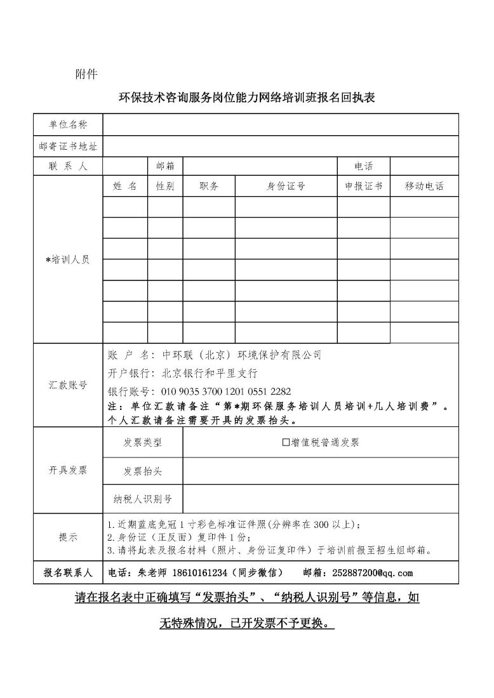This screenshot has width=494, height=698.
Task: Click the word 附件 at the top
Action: click(86, 74)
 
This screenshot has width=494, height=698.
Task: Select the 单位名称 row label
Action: click(68, 125)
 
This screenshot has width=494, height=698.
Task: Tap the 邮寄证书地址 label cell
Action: click(68, 146)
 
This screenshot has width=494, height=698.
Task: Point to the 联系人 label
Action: click(68, 166)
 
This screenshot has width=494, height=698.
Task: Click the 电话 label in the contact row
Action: click(363, 166)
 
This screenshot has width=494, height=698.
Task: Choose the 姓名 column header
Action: click(124, 186)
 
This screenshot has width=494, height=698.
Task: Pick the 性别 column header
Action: click(165, 186)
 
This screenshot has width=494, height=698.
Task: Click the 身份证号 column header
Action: click(286, 186)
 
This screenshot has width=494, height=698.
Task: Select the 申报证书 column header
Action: click(363, 186)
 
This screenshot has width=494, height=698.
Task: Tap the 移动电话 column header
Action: click(424, 186)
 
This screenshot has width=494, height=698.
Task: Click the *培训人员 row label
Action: click(68, 260)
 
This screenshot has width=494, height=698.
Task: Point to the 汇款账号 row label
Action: click(68, 385)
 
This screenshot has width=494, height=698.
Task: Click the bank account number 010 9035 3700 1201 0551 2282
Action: click(226, 392)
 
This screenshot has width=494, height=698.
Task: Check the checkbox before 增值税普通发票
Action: click(286, 442)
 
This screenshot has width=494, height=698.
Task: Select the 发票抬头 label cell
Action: click(143, 471)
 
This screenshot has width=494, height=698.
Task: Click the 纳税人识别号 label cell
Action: click(143, 499)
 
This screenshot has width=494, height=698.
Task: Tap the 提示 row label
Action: click(68, 537)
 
